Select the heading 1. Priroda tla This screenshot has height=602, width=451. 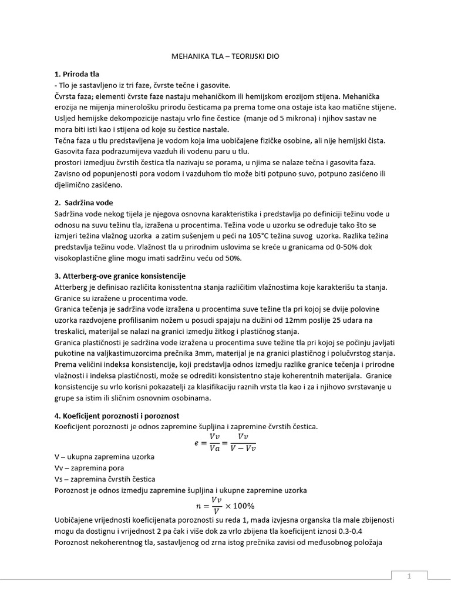76,75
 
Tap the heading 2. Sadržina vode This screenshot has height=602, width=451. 83,202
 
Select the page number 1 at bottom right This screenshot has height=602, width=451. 409,576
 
